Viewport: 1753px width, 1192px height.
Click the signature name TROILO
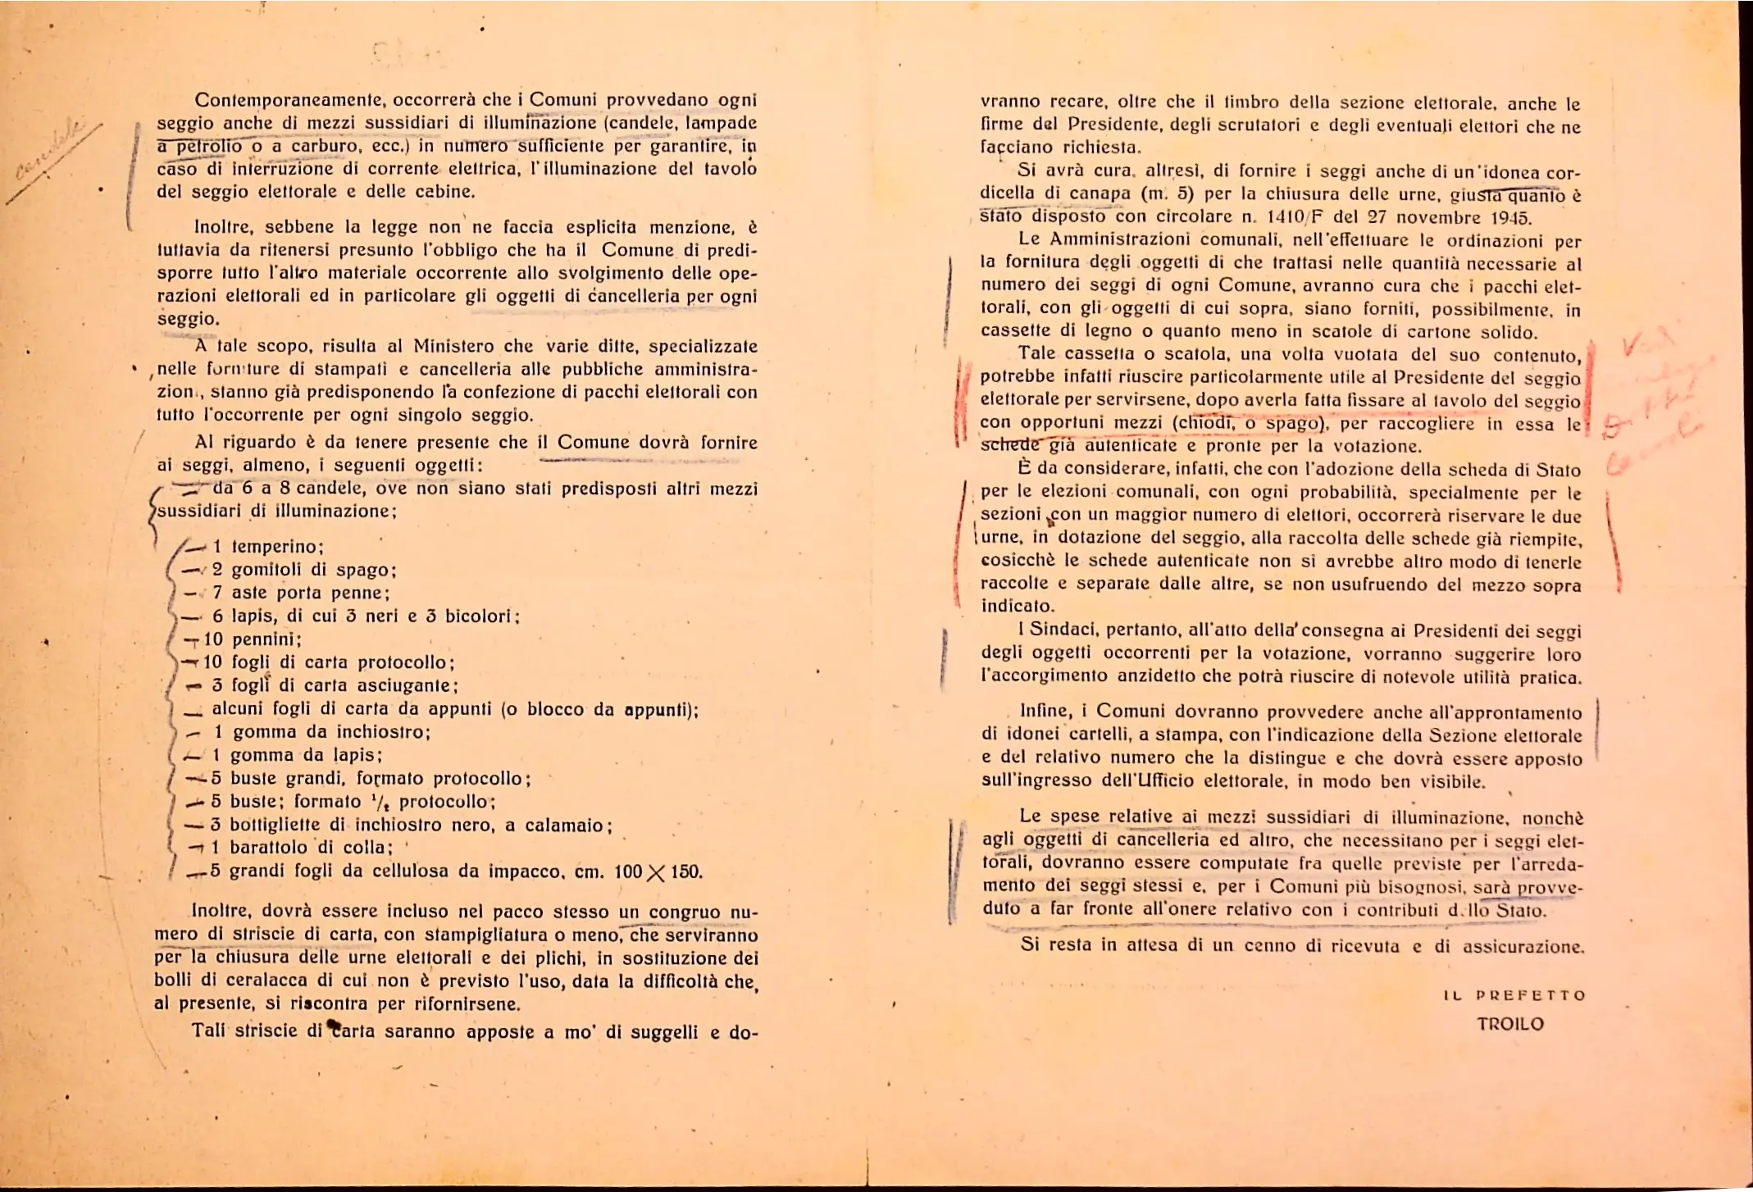click(x=1510, y=1024)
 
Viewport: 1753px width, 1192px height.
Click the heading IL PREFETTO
click(x=1514, y=995)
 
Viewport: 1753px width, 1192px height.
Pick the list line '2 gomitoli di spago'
click(x=304, y=570)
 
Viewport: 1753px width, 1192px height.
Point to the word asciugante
click(x=408, y=685)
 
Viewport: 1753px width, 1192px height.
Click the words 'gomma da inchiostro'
click(x=332, y=731)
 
